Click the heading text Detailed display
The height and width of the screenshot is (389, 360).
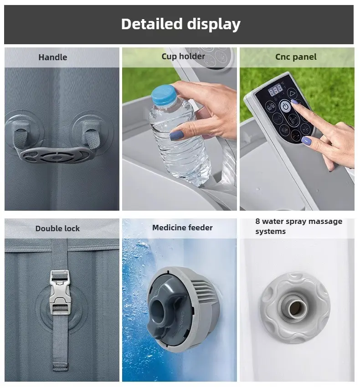181,24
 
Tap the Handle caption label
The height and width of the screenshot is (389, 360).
53,57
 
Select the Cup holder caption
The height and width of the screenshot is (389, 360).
183,56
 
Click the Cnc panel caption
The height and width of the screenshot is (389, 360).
296,57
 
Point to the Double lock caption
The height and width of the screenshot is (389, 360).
57,228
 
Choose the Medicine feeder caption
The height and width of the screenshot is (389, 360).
182,228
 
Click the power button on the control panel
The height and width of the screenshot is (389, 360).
286,106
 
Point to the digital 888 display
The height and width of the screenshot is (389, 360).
276,89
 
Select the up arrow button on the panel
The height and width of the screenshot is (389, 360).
293,93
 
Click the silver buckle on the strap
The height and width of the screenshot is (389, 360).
59,292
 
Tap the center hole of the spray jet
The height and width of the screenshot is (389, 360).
295,308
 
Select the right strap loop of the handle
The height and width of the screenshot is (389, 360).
91,135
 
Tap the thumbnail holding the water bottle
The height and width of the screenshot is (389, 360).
177,135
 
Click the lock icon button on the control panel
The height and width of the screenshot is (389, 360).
270,107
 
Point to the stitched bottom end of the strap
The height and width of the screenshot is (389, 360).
60,367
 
